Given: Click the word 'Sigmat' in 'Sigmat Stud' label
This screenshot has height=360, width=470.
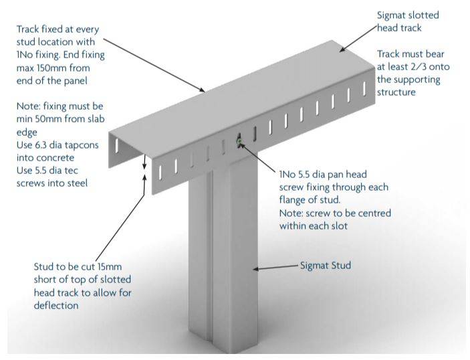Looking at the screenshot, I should (x=315, y=266).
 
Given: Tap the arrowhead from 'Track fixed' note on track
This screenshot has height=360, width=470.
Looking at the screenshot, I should (x=203, y=89).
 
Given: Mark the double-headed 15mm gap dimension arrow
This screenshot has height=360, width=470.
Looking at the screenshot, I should (x=144, y=165).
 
